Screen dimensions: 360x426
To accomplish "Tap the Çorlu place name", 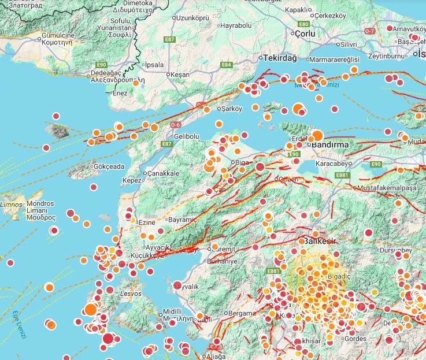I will click(x=305, y=35).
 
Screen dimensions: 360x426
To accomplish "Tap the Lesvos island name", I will click(x=128, y=294).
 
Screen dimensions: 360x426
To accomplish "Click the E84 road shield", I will click(x=227, y=65).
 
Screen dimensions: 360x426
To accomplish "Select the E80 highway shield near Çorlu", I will click(x=304, y=24).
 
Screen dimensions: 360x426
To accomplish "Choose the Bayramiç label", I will click(x=182, y=220).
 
